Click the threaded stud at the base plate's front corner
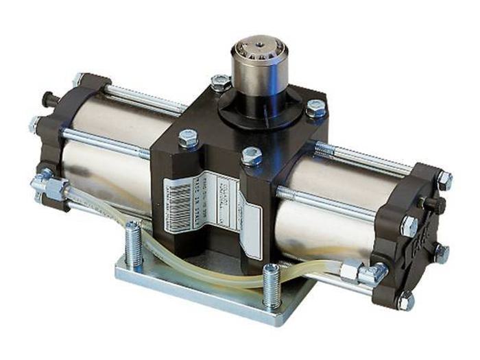click(271, 285)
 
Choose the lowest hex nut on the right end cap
click(406, 300)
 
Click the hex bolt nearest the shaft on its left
click(220, 84)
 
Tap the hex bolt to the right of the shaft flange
click(315, 108)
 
